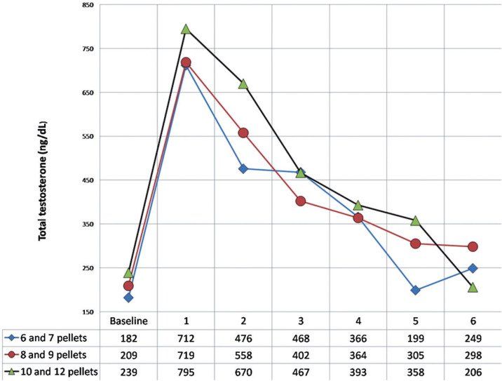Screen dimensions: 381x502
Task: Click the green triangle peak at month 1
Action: (186, 29)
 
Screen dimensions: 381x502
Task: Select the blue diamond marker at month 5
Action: (416, 290)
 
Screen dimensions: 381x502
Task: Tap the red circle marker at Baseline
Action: (128, 286)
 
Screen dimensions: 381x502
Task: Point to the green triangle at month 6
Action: (473, 287)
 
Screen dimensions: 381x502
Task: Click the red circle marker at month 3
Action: (301, 201)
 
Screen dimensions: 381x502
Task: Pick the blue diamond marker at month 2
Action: (243, 168)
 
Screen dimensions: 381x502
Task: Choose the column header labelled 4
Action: (358, 320)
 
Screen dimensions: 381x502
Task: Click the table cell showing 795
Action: (186, 370)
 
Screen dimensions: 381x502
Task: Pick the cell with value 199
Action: (416, 337)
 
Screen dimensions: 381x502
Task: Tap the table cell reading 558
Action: (243, 354)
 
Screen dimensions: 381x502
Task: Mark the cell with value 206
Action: (473, 370)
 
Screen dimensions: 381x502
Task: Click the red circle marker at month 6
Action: (473, 246)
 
